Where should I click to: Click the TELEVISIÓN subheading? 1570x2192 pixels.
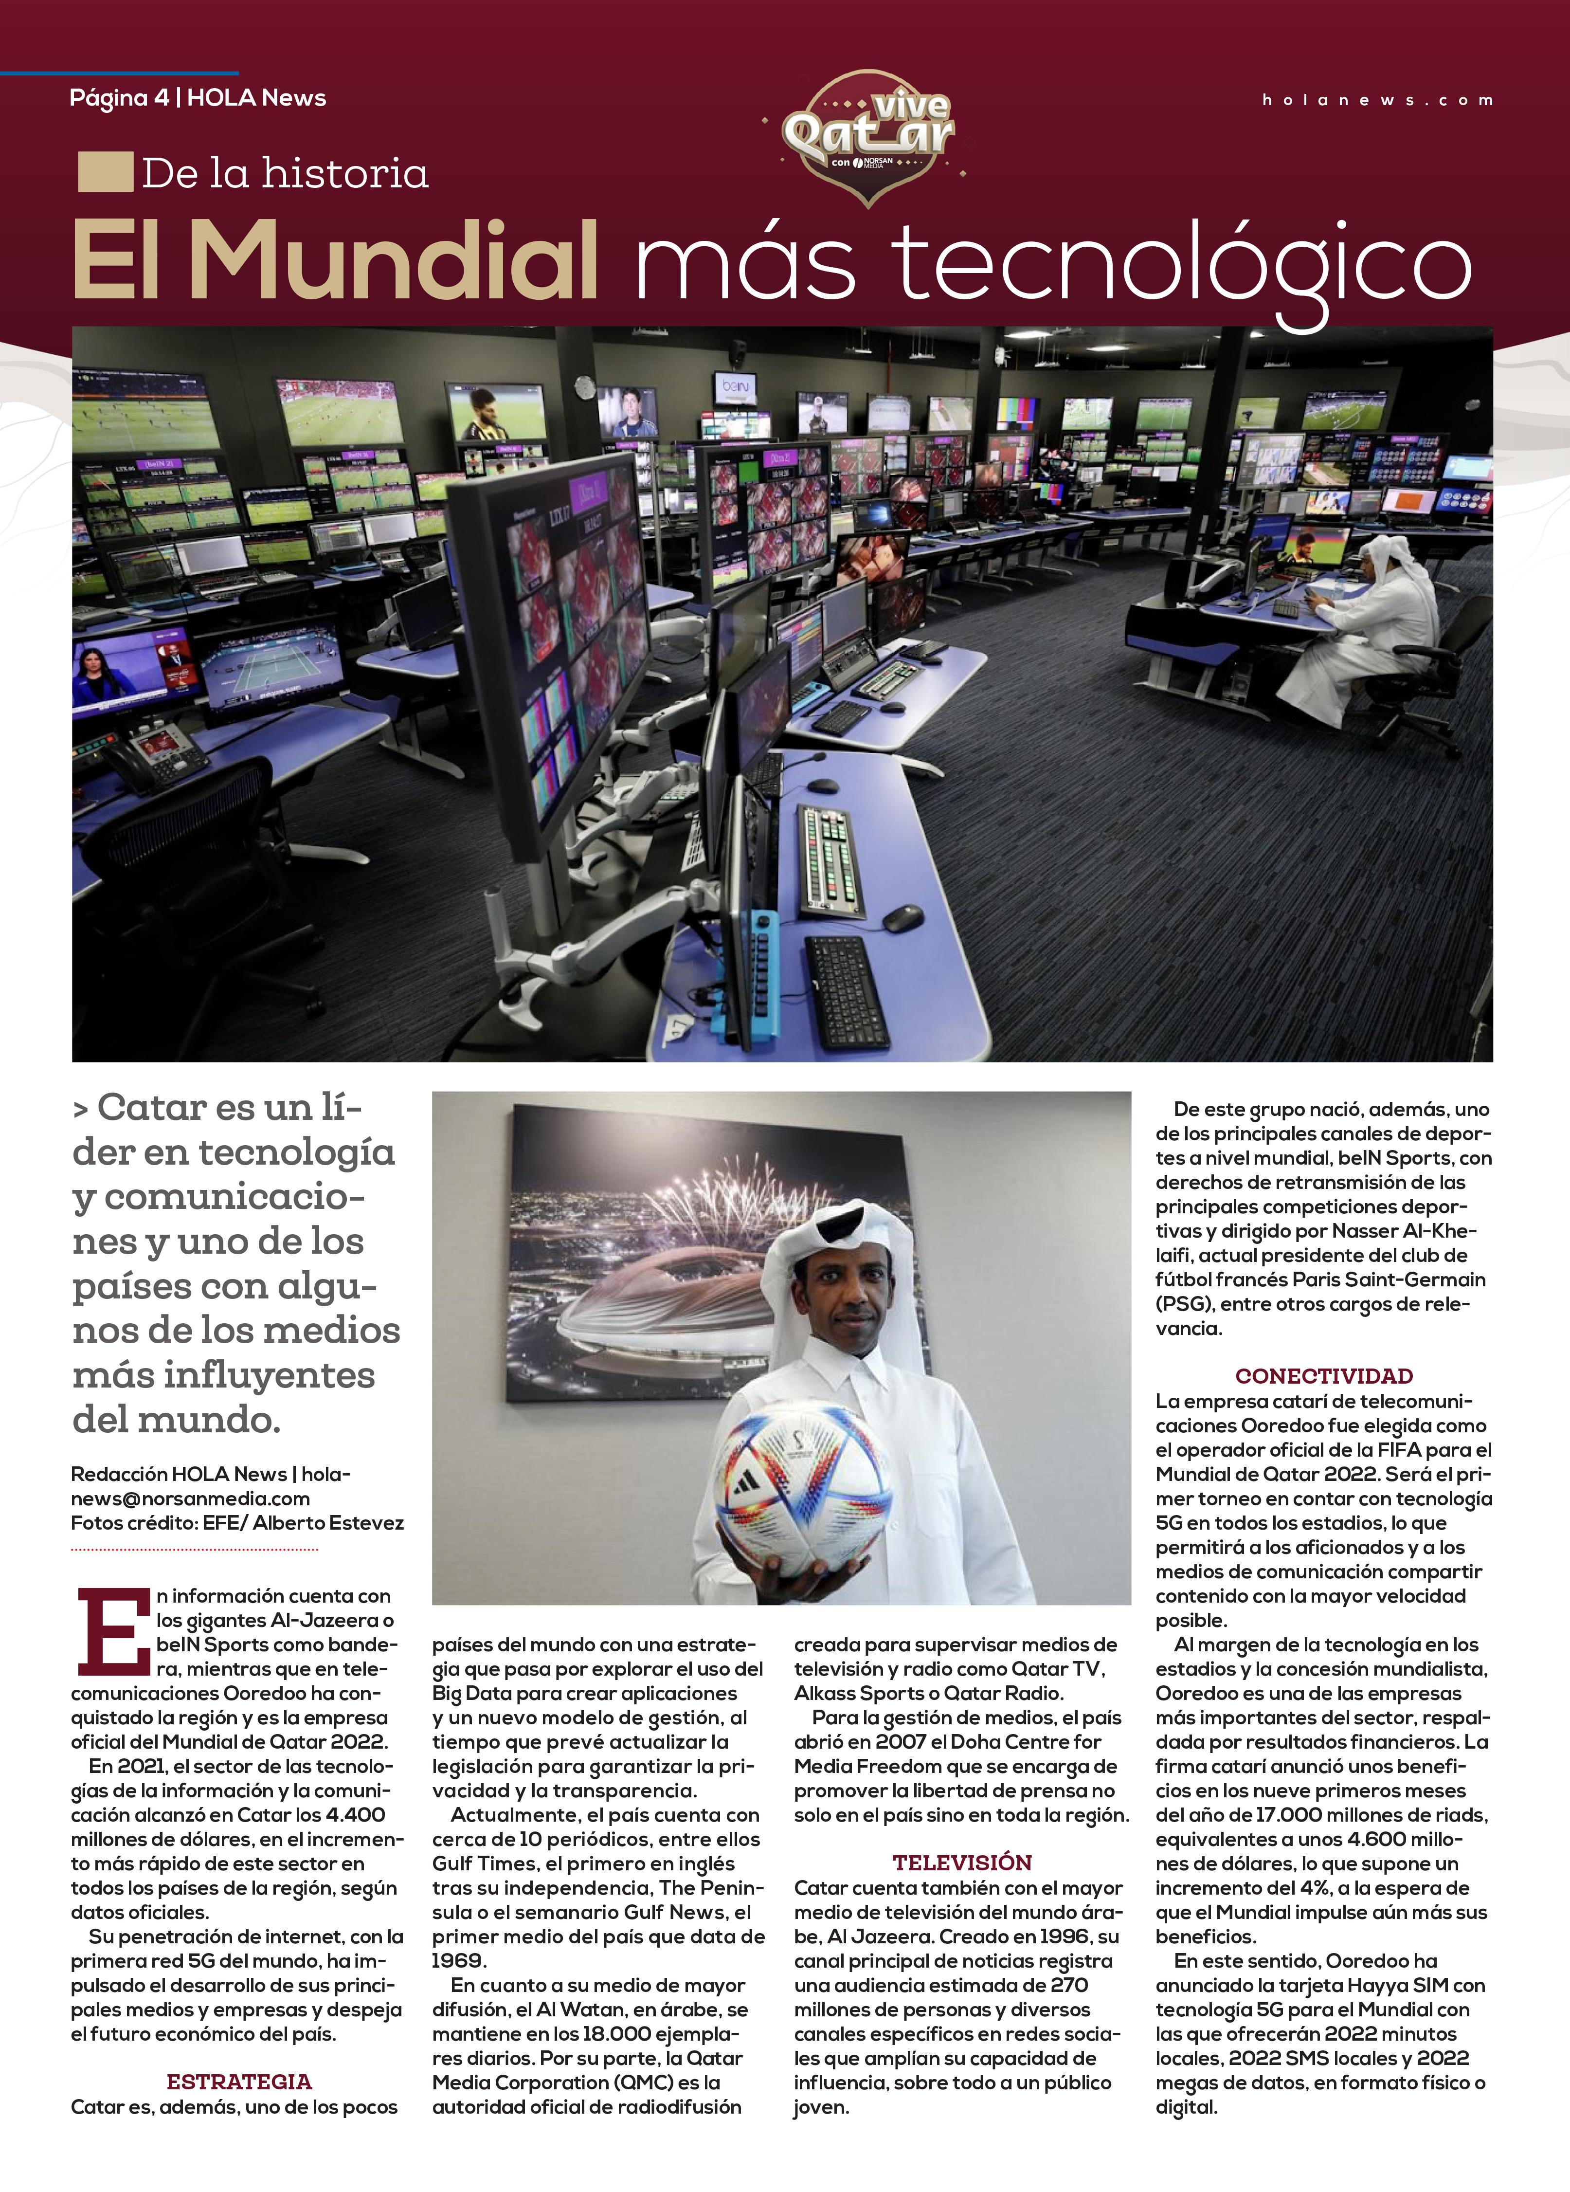(x=961, y=1862)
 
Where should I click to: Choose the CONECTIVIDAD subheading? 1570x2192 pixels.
(x=1324, y=1375)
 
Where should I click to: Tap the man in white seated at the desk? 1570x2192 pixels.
(x=1372, y=628)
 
